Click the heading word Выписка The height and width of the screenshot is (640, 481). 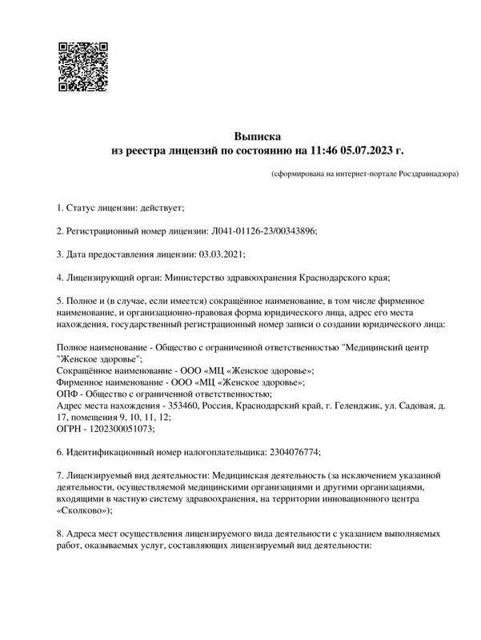click(x=258, y=136)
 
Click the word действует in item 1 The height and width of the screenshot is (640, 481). click(x=162, y=208)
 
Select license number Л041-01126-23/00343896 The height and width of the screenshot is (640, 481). click(x=264, y=230)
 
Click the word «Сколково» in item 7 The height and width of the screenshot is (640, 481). click(x=84, y=510)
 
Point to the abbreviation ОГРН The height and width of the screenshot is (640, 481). click(x=72, y=429)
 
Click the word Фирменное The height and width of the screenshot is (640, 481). click(x=83, y=382)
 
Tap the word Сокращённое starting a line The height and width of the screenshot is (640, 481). click(x=88, y=371)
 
